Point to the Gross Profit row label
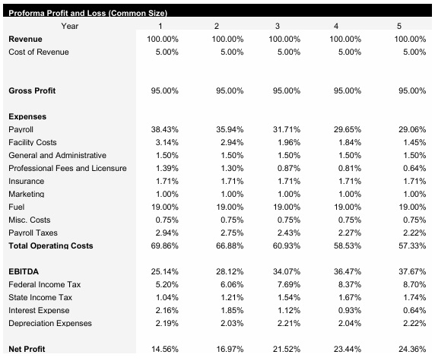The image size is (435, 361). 32,90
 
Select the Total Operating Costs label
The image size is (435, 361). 50,245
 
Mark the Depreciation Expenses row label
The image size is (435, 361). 49,323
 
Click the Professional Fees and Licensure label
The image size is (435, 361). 67,168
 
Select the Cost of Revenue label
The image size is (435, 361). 38,51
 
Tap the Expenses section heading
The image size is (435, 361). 27,117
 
